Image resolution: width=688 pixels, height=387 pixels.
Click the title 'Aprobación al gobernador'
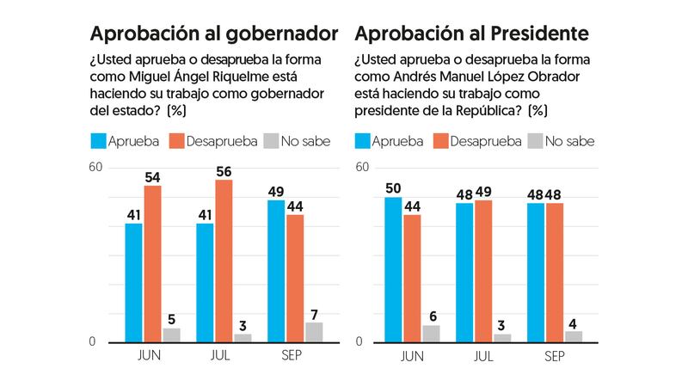pos(214,34)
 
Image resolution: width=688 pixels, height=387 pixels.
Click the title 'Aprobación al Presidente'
pos(471,34)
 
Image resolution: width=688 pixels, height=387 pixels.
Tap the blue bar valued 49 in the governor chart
pos(276,271)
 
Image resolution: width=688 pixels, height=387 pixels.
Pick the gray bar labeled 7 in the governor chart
pos(314,332)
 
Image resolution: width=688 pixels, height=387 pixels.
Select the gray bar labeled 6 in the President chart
pos(430,334)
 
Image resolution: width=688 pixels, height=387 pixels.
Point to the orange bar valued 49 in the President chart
pos(483,271)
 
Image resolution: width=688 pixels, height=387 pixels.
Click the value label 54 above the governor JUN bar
pos(152,176)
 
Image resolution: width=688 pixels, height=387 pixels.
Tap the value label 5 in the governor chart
pos(172,319)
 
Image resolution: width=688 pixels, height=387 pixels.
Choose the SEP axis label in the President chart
pos(554,355)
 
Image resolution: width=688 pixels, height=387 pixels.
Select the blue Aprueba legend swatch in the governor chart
pos(98,141)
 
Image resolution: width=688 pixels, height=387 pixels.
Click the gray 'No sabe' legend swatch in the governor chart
pos(273,141)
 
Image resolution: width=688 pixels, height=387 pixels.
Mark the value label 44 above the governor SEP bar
pos(295,206)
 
